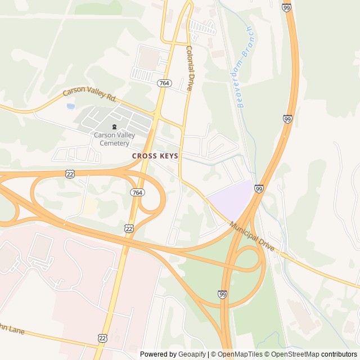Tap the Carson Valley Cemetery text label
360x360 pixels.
pyautogui.click(x=111, y=139)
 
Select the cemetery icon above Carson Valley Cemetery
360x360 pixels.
pyautogui.click(x=115, y=127)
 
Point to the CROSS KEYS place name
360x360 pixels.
pyautogui.click(x=155, y=156)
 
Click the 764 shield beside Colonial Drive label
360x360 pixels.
pyautogui.click(x=164, y=83)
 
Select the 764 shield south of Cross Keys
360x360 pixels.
pyautogui.click(x=137, y=192)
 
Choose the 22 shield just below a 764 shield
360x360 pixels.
pyautogui.click(x=129, y=227)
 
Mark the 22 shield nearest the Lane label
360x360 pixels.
pyautogui.click(x=102, y=337)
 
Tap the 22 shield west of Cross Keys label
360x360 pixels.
pyautogui.click(x=69, y=174)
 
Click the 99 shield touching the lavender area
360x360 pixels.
pyautogui.click(x=258, y=188)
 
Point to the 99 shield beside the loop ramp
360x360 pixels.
pyautogui.click(x=222, y=294)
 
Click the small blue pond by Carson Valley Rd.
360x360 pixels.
pyautogui.click(x=70, y=106)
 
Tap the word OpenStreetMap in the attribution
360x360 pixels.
pyautogui.click(x=295, y=354)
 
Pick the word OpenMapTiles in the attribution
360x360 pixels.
pyautogui.click(x=240, y=354)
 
